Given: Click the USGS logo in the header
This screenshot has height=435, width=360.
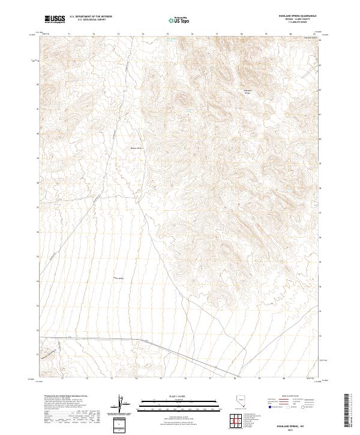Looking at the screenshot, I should point(55,19).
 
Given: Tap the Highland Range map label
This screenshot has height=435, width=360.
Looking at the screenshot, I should point(247,92).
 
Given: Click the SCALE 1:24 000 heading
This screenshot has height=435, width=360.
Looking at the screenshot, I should point(179,396).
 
